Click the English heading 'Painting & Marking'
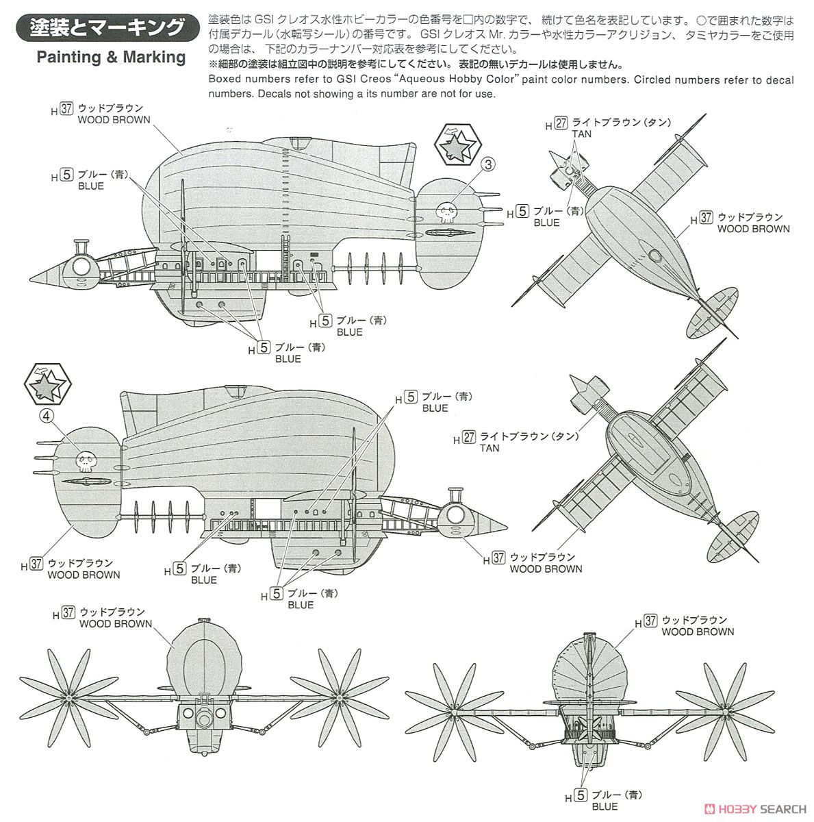[111, 57]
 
